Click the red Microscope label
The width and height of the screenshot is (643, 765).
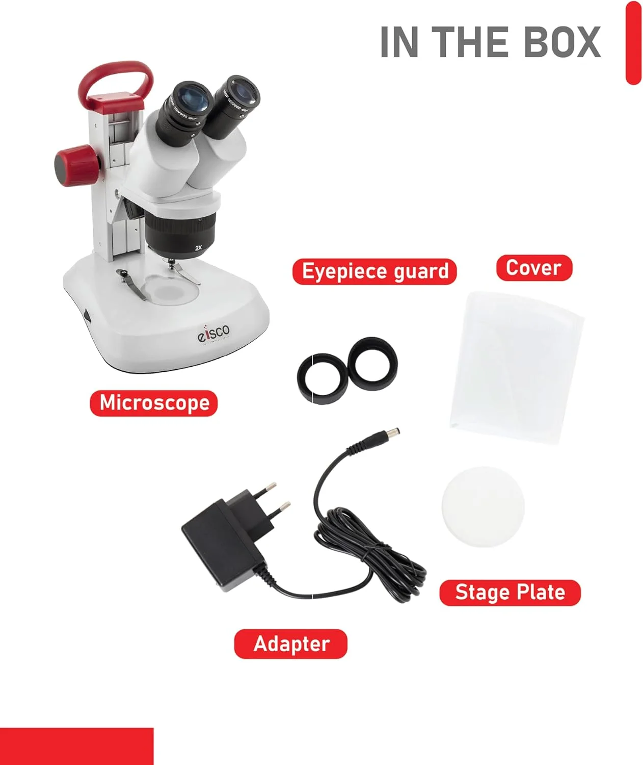point(154,403)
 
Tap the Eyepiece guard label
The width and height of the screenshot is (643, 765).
point(374,271)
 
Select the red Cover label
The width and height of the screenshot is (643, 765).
point(534,268)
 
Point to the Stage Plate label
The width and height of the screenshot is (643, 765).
point(510,593)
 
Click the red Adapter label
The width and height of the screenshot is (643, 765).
point(290,644)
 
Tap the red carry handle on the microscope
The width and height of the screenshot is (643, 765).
point(116,76)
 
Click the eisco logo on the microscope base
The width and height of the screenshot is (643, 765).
point(213,333)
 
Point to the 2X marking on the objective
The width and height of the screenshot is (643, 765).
point(199,248)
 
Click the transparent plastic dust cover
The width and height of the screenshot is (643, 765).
point(517,367)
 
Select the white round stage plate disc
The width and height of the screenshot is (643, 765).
point(483,506)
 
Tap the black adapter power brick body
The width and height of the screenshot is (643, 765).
point(222,546)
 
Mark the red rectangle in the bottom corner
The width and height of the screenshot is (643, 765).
point(76,746)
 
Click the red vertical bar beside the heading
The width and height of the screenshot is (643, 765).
point(633,42)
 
